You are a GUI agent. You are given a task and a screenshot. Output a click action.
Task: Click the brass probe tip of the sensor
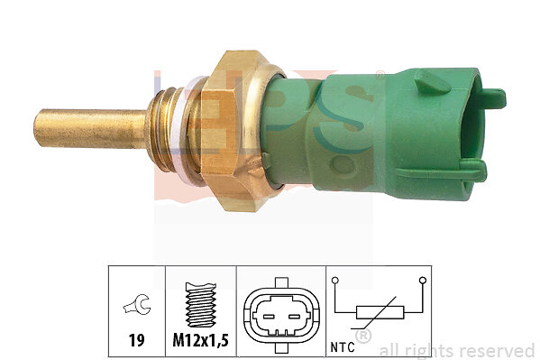pyautogui.click(x=90, y=128)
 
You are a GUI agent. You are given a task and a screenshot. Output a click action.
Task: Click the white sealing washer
pyautogui.click(x=179, y=131)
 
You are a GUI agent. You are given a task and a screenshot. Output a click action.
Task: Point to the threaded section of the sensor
pyautogui.click(x=161, y=130)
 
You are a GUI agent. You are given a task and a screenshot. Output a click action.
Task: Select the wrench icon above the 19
pyautogui.click(x=137, y=304)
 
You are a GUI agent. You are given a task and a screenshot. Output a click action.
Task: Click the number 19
pyautogui.click(x=136, y=340)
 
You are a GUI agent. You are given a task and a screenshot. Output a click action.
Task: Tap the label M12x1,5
pyautogui.click(x=200, y=341)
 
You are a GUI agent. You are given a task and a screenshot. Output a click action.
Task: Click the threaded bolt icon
pyautogui.click(x=201, y=304)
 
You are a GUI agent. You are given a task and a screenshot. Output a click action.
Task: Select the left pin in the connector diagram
pyautogui.click(x=269, y=316)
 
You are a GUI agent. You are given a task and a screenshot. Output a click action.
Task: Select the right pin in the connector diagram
pyautogui.click(x=294, y=316)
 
